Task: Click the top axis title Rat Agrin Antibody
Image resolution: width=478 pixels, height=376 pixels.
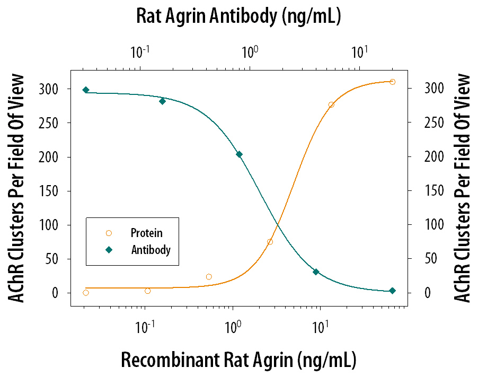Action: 238,16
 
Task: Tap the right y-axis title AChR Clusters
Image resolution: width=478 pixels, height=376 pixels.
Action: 462,188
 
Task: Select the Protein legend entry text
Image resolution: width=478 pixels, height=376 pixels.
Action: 146,233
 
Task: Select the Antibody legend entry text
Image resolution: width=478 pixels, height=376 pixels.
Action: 151,250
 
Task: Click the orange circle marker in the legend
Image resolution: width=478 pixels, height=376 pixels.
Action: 109,233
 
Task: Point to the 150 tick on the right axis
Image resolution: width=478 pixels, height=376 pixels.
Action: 433,191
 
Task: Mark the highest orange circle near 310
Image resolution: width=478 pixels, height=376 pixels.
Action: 392,82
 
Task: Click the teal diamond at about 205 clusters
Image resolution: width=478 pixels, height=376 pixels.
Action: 239,154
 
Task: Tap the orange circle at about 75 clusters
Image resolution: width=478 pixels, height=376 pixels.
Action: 270,242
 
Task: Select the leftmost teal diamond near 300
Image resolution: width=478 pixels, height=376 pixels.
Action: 86,90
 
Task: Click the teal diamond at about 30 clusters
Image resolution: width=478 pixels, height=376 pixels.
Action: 316,272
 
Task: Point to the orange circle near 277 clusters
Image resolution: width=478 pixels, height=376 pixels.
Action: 331,105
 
